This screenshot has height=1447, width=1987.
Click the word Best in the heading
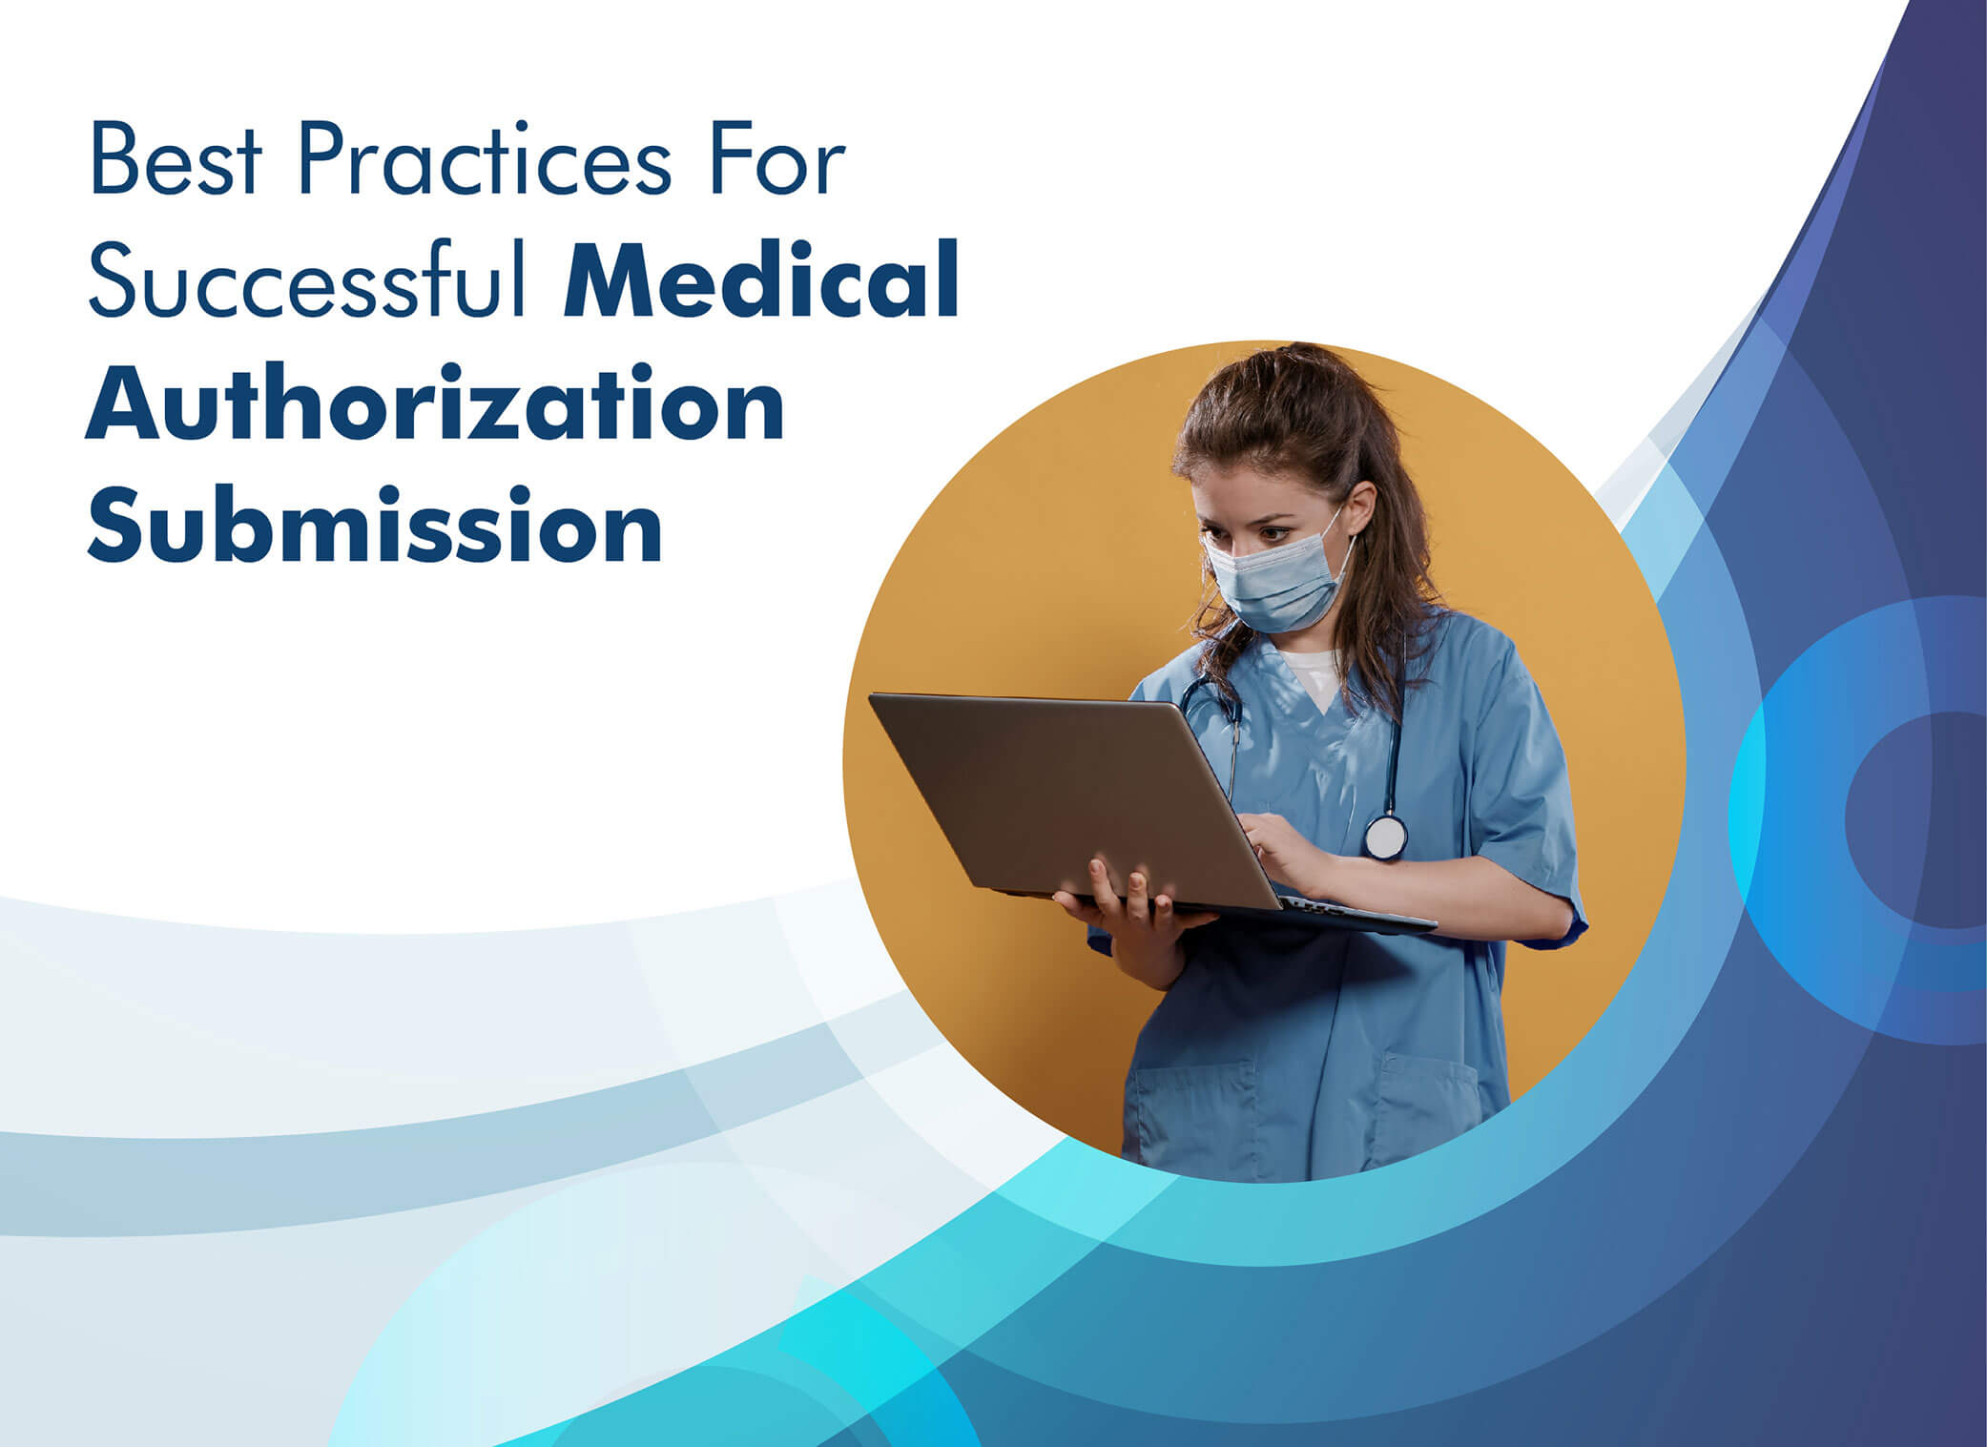click(176, 163)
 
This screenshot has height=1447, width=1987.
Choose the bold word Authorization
click(435, 406)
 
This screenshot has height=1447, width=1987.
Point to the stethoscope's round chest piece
click(1384, 837)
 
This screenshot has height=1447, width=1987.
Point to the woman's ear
click(1362, 506)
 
